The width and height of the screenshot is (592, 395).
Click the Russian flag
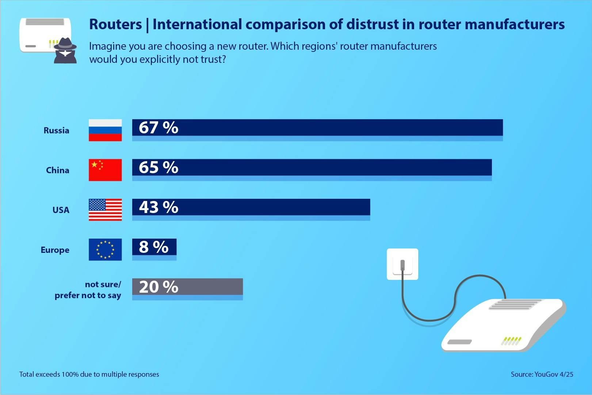point(105,130)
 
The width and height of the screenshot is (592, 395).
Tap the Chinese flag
point(105,170)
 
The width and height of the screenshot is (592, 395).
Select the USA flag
point(105,210)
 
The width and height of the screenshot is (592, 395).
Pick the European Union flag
point(105,250)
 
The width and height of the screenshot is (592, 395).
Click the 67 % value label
point(158,128)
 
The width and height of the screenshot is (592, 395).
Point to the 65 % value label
point(158,167)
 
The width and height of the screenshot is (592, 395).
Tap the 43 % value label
point(158,207)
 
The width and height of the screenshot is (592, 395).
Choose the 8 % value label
point(154,247)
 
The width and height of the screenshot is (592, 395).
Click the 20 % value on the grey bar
point(158,287)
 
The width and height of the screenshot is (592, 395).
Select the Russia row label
point(56,130)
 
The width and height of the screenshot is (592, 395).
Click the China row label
point(57,170)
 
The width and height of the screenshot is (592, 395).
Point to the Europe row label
point(55,250)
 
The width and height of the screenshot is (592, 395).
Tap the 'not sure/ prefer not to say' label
point(88,290)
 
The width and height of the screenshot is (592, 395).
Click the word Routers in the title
point(115,24)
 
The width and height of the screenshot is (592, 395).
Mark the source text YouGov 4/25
point(542,374)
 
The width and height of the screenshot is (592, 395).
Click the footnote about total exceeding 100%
point(89,374)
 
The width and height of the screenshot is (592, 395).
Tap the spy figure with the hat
point(65,50)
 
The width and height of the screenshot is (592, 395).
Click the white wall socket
point(402,264)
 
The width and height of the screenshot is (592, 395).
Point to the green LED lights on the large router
point(511,341)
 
